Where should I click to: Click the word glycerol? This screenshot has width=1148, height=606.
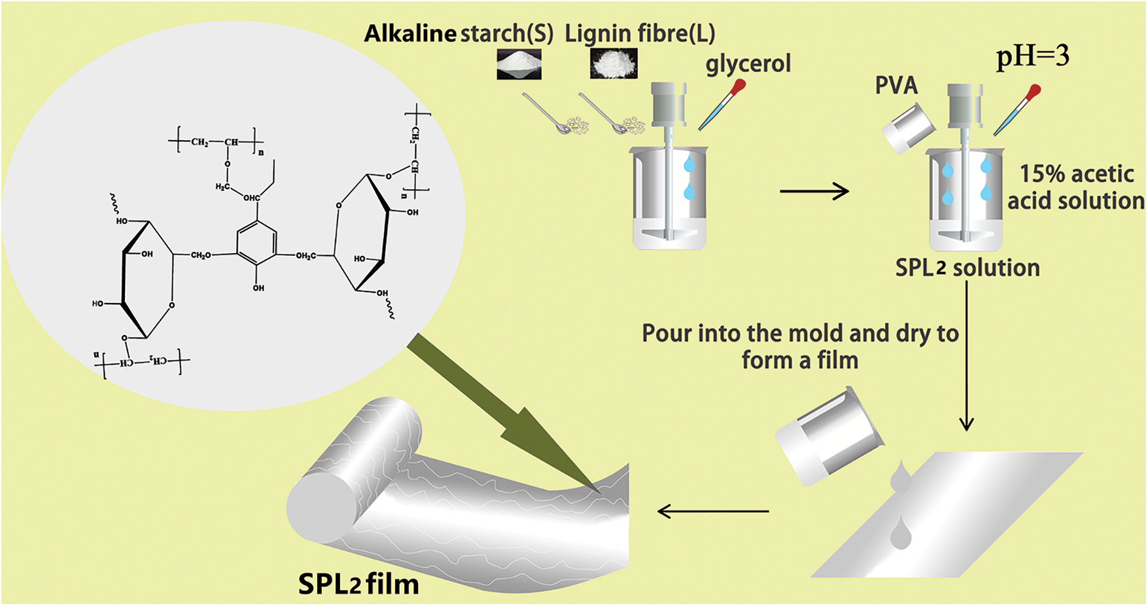pos(748,64)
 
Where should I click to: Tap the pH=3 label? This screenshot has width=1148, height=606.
pos(1032,56)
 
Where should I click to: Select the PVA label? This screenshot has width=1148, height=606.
pos(896,86)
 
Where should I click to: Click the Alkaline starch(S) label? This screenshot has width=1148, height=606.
pos(459,33)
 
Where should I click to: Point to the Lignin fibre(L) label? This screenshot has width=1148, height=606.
pos(640,33)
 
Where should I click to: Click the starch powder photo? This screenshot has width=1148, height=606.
pos(519,64)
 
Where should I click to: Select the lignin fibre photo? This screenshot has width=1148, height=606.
pos(614,64)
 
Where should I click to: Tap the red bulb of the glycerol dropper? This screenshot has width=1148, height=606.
pos(739,86)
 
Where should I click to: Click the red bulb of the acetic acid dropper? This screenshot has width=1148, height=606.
pos(1033,92)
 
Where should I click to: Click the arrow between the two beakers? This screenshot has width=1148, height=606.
pos(814,192)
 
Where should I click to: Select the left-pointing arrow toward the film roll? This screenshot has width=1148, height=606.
pos(712,511)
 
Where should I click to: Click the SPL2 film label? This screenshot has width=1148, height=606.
pos(358,584)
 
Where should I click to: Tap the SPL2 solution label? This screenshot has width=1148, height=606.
pos(967,268)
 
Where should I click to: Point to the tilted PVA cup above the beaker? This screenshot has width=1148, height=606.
pos(909,127)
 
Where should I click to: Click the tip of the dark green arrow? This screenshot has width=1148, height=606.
pos(599,491)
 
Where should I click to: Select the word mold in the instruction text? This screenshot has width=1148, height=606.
pos(817,334)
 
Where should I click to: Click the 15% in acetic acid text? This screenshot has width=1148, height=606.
pos(1041,174)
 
